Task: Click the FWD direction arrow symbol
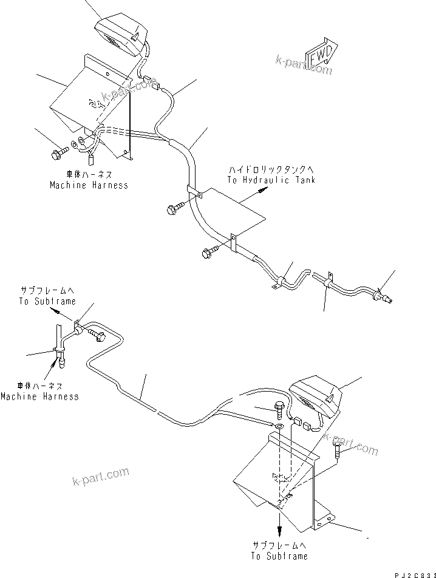coord(321,56)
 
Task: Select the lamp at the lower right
coord(316,397)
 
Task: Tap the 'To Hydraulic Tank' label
coord(271,180)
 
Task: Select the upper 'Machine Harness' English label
coord(89,185)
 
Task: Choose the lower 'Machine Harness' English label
coord(39,396)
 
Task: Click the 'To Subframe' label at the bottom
coord(279,556)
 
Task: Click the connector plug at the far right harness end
coord(387,297)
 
